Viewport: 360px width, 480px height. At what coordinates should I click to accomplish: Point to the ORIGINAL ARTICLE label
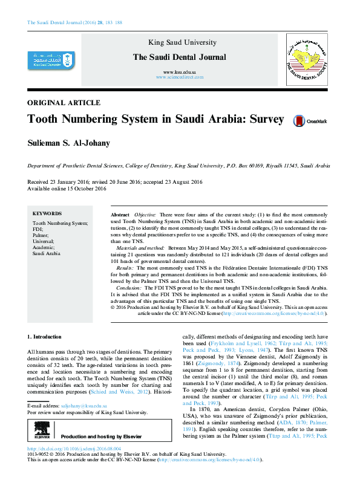(64, 103)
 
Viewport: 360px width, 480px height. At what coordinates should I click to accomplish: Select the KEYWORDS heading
(47, 213)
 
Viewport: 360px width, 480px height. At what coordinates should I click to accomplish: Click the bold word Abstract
(120, 215)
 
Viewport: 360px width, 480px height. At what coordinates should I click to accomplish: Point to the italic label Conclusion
(129, 288)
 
